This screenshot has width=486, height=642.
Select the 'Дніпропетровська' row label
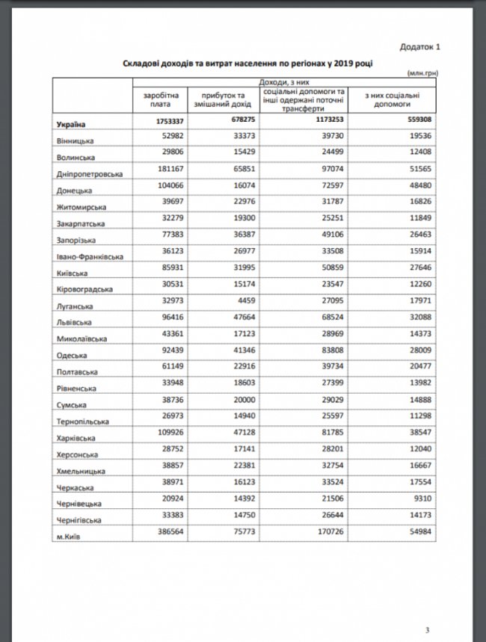point(86,173)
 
